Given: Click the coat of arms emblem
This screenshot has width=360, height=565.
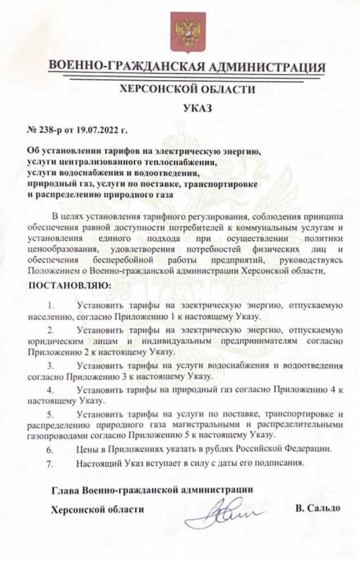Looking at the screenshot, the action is coord(186,32).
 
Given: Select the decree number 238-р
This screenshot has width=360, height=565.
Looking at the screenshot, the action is coord(52,131).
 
